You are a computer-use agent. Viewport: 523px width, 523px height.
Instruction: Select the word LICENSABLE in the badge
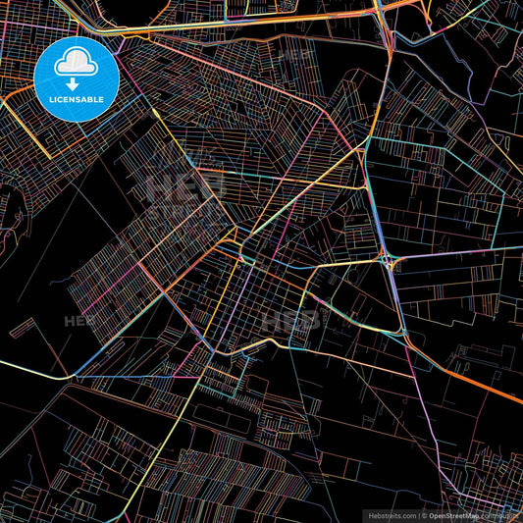point(76,99)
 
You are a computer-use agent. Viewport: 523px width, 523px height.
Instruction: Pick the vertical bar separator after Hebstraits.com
point(417,515)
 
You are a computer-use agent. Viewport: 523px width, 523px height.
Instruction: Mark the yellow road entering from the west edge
point(29,367)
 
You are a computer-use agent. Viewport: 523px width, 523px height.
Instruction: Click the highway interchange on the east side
point(392,262)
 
